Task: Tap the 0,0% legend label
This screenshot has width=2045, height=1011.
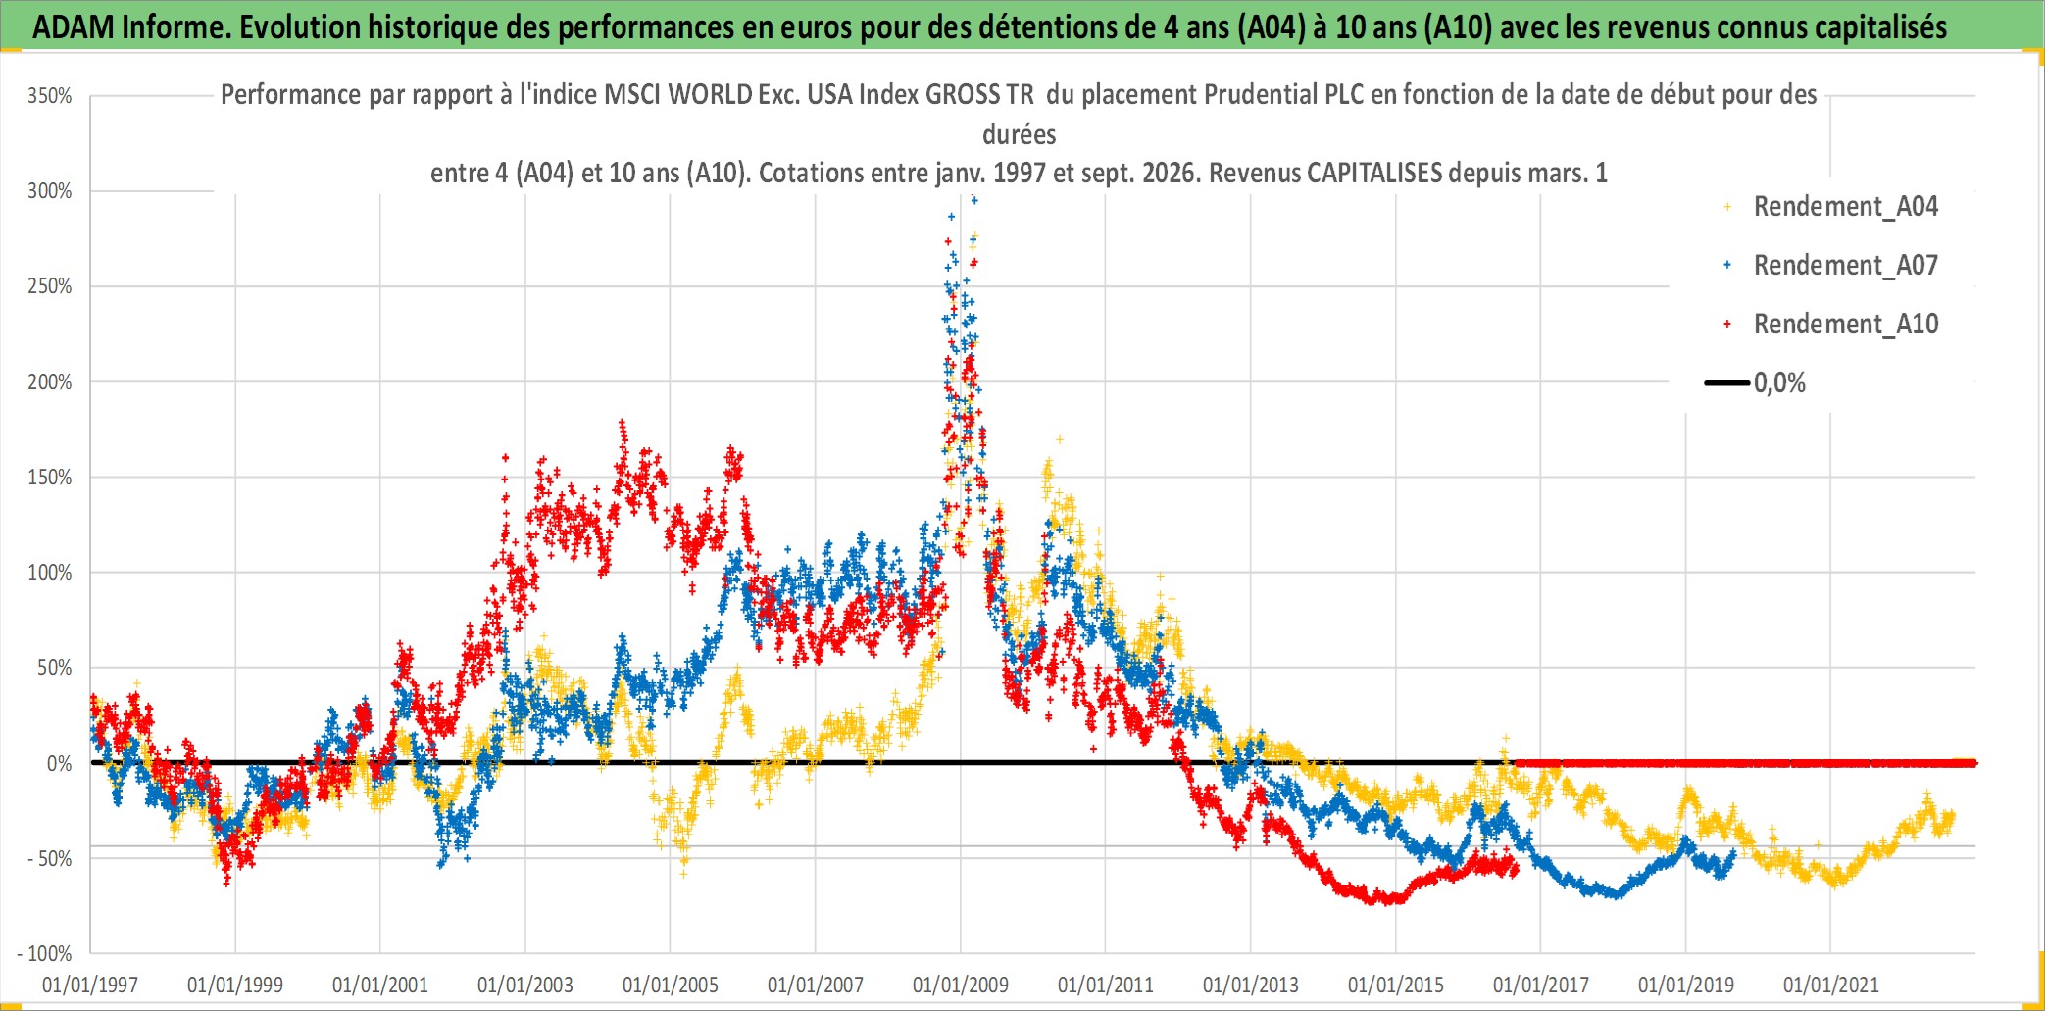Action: coord(1779,383)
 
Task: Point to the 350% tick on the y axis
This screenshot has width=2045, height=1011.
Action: coord(50,96)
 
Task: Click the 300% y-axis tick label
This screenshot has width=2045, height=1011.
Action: coord(50,191)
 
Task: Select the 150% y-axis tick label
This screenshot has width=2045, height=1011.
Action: coord(50,478)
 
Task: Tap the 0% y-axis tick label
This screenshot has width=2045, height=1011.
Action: coord(60,764)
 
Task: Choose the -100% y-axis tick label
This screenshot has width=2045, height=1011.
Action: coord(45,954)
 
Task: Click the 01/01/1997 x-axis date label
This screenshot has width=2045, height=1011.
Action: coord(90,985)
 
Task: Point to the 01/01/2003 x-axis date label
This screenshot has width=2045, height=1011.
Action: coord(525,985)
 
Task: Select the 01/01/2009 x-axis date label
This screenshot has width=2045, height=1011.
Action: coord(961,985)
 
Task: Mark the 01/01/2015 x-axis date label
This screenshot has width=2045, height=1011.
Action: coord(1396,985)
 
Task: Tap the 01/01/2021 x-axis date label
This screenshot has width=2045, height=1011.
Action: coord(1831,985)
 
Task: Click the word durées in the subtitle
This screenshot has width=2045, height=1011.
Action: coord(1020,134)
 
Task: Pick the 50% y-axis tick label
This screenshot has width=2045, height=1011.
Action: coord(55,669)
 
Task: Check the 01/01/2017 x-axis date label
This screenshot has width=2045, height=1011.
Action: coord(1541,985)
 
